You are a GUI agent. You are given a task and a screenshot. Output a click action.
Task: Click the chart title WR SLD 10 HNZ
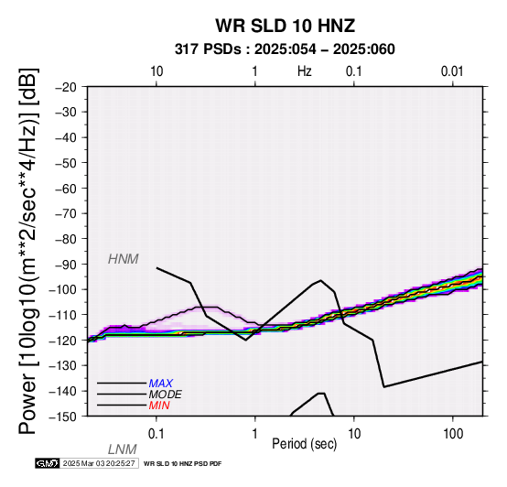click(x=286, y=26)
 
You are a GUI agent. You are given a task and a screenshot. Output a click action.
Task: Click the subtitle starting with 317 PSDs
click(x=285, y=49)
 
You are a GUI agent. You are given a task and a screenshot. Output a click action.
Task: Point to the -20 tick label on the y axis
click(x=66, y=87)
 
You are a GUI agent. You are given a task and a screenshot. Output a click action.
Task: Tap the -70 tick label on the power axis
click(x=66, y=214)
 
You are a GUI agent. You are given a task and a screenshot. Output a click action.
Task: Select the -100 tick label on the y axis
click(x=63, y=289)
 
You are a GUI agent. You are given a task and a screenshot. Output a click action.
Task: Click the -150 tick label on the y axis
click(x=63, y=417)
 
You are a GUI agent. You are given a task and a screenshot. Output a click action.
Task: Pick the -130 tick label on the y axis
click(x=63, y=366)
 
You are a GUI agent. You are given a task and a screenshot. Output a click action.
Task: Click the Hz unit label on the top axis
click(x=304, y=71)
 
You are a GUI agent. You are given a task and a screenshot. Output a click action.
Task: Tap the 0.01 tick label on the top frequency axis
click(x=452, y=71)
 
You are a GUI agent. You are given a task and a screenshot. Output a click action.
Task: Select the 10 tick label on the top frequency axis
click(x=156, y=71)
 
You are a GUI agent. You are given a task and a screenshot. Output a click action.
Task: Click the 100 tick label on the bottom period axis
click(x=453, y=434)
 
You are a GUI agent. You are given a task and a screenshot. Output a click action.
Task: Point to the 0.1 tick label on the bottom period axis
click(x=156, y=434)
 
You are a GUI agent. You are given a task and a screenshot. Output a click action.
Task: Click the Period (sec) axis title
click(x=304, y=444)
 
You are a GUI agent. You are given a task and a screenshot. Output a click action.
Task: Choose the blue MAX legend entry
click(x=161, y=384)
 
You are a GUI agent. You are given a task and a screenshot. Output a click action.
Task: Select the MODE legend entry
click(x=166, y=395)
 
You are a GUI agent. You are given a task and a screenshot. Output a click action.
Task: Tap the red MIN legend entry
click(x=159, y=406)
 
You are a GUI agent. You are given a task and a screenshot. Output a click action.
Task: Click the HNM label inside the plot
click(x=124, y=259)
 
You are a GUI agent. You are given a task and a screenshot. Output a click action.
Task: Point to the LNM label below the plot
click(x=123, y=449)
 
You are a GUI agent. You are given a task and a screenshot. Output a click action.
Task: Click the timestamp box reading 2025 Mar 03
click(x=100, y=463)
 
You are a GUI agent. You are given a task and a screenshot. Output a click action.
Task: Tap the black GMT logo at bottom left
click(x=48, y=463)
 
